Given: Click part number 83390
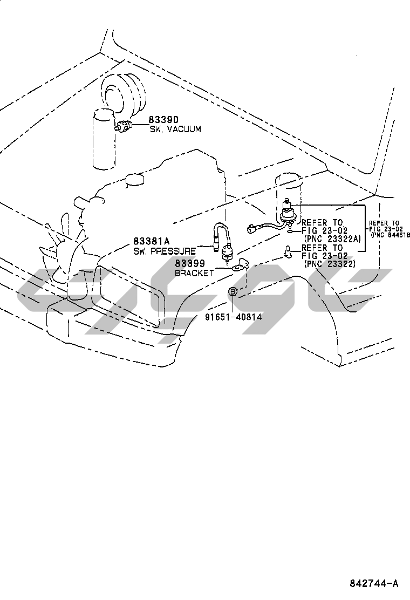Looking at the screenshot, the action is point(164,120).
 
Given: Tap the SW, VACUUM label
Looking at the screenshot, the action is point(175,129).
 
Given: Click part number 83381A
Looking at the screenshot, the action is point(152,241).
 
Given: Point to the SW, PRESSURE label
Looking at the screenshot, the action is point(165,251).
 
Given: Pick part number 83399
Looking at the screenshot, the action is point(190,264).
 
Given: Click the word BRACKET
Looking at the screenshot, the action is point(194,273).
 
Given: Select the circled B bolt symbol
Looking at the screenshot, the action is point(233,291).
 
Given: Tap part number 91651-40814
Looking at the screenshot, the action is point(233,316).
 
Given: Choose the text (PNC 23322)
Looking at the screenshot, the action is point(330,264).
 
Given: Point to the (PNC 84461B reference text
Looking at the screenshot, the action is point(391,235).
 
